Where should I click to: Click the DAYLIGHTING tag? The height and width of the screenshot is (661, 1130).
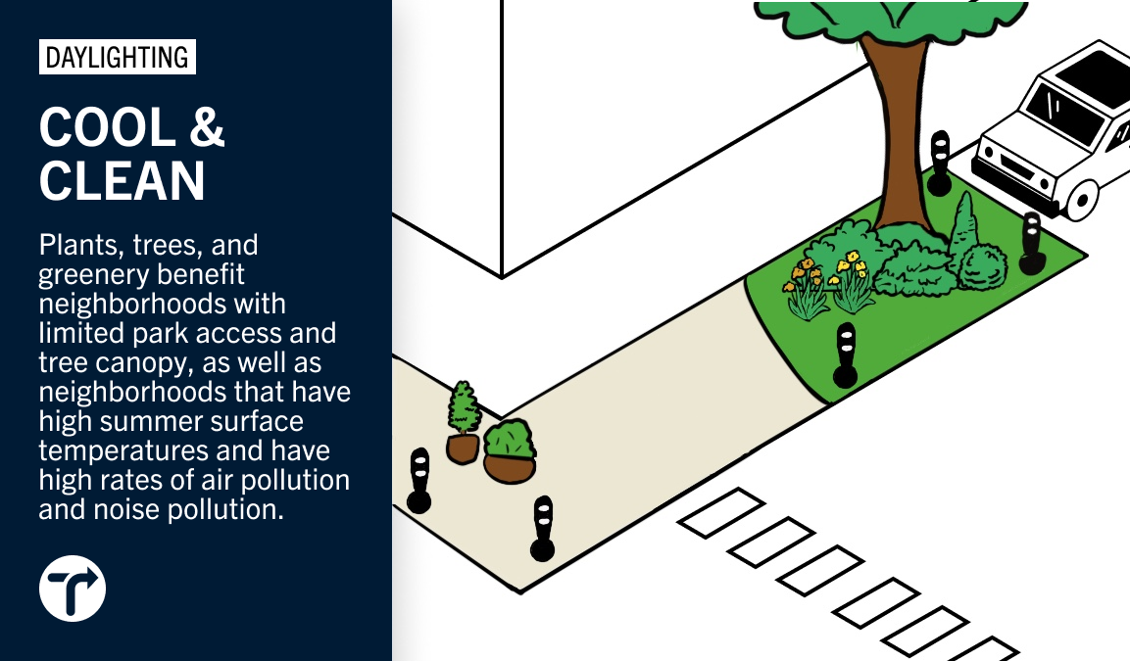coord(117,58)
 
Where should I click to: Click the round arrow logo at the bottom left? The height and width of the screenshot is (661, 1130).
coord(73,590)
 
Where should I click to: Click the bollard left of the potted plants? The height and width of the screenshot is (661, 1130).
coord(419,480)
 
